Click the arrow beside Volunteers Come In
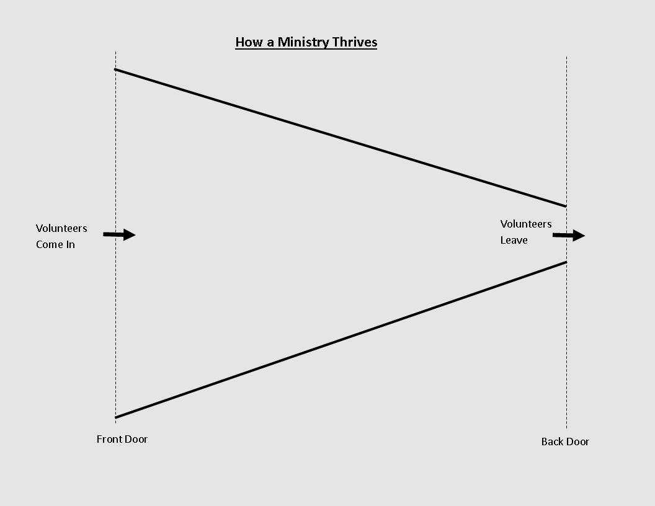pyautogui.click(x=119, y=234)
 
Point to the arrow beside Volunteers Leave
pyautogui.click(x=569, y=236)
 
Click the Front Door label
pyautogui.click(x=122, y=439)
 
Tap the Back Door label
pyautogui.click(x=565, y=442)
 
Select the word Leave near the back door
pyautogui.click(x=514, y=240)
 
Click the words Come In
pyautogui.click(x=55, y=244)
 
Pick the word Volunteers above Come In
pyautogui.click(x=61, y=228)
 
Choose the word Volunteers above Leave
pyautogui.click(x=526, y=224)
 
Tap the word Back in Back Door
pyautogui.click(x=553, y=442)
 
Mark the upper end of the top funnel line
pyautogui.click(x=116, y=69)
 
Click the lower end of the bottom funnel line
pyautogui.click(x=116, y=417)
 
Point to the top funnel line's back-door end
pyautogui.click(x=565, y=206)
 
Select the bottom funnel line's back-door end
pyautogui.click(x=565, y=262)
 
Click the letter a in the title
pyautogui.click(x=270, y=43)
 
